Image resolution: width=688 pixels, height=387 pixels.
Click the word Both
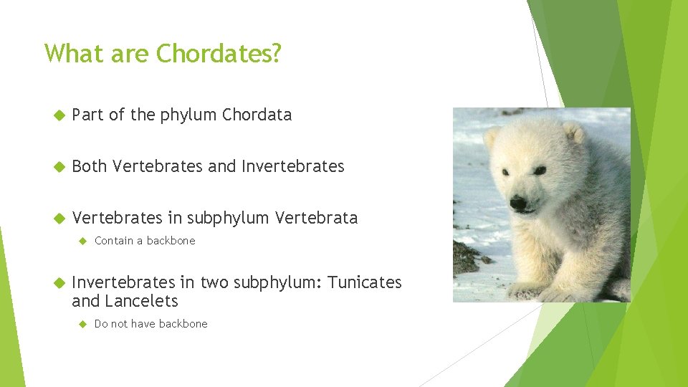click(90, 166)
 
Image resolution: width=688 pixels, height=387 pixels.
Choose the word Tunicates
click(365, 282)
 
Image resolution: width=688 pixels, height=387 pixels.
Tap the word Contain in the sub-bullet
click(113, 241)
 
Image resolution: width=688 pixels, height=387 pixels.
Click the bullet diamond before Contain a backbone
click(82, 241)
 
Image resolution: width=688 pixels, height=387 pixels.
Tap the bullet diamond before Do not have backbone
click(82, 324)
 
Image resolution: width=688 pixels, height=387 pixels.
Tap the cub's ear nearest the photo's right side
click(573, 133)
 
